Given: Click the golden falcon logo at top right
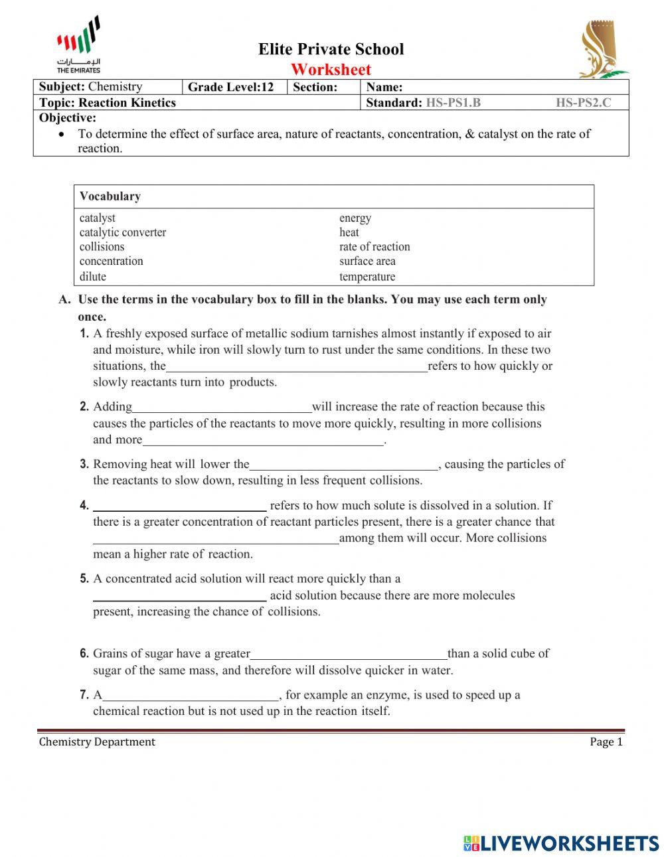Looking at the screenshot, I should tap(600, 50).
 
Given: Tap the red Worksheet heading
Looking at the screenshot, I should tap(331, 69).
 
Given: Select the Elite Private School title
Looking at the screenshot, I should tap(331, 49).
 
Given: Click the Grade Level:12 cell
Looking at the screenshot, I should tap(231, 87).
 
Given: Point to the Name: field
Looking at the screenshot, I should tap(495, 87).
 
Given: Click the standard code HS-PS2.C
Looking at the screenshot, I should tap(583, 103).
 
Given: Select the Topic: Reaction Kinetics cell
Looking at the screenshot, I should tap(108, 103).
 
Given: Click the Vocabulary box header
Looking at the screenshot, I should tap(110, 196).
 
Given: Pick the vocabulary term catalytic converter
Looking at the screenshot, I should tap(123, 232).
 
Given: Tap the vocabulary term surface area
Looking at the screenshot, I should tap(367, 261).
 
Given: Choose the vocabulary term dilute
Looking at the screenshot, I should tap(93, 277).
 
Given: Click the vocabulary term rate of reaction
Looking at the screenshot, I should tap(374, 246).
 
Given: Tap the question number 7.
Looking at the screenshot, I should tap(84, 695).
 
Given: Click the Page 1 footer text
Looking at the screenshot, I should tap(606, 742).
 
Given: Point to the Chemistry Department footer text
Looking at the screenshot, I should tap(97, 742).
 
